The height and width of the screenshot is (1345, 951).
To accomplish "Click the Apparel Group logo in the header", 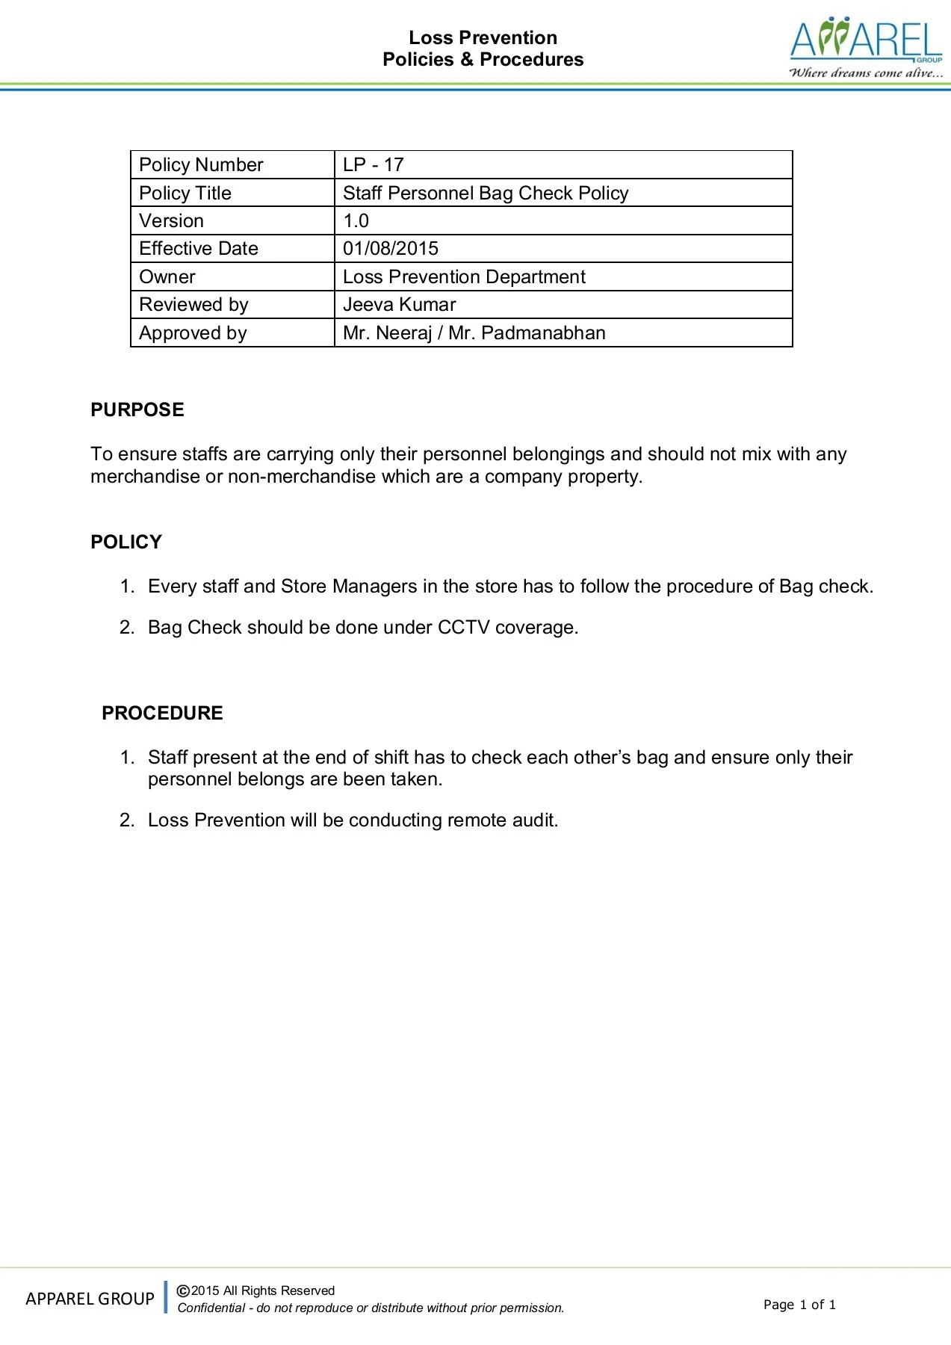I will pyautogui.click(x=866, y=49).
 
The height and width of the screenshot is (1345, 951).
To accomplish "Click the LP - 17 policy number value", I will pyautogui.click(x=373, y=164).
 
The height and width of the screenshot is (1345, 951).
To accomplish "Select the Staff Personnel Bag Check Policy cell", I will pyautogui.click(x=486, y=193).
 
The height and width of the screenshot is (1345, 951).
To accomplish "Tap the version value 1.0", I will pyautogui.click(x=356, y=220).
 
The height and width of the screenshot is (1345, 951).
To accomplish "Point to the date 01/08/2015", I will pyautogui.click(x=391, y=248).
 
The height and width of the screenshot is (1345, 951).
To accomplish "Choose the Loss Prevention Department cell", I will pyautogui.click(x=464, y=276).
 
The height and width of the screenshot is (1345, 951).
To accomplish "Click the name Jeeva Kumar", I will pyautogui.click(x=399, y=304).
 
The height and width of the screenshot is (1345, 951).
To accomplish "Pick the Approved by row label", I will pyautogui.click(x=193, y=333).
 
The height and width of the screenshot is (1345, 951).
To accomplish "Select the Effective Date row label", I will pyautogui.click(x=199, y=248).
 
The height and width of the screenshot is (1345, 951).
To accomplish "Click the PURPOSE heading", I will pyautogui.click(x=137, y=409).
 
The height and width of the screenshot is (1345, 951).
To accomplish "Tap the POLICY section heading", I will pyautogui.click(x=126, y=542).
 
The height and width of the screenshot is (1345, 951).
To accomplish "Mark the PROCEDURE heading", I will pyautogui.click(x=162, y=713).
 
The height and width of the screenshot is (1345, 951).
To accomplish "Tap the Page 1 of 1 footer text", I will pyautogui.click(x=799, y=1305).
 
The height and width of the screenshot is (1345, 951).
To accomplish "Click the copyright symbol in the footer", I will pyautogui.click(x=183, y=1290).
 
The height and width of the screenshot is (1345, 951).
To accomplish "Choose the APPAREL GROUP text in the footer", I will pyautogui.click(x=90, y=1299).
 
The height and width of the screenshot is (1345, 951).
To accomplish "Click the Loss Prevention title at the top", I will pyautogui.click(x=483, y=37).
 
